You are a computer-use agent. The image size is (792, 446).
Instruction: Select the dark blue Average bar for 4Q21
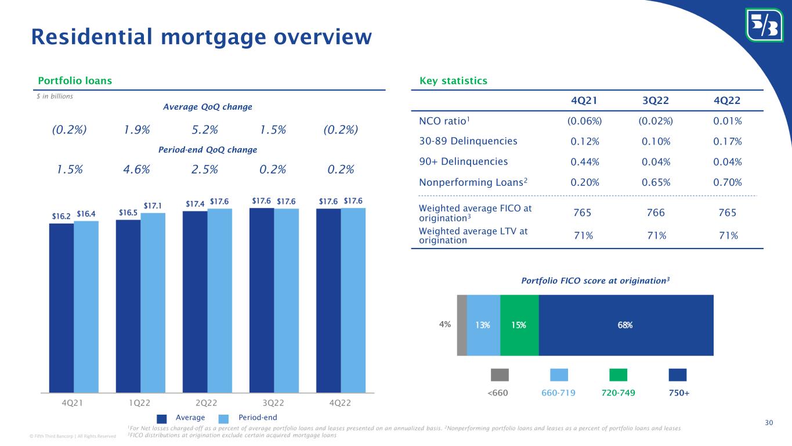pyautogui.click(x=61, y=308)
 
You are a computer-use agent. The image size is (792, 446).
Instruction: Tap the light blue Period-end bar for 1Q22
pyautogui.click(x=153, y=303)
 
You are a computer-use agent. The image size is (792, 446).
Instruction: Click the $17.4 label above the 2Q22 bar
pyautogui.click(x=194, y=204)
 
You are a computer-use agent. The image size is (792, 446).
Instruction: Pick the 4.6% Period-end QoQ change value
pyautogui.click(x=137, y=169)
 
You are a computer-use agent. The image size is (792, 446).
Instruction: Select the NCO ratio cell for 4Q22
pyautogui.click(x=728, y=121)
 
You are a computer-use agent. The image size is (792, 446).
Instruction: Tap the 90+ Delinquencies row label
pyautogui.click(x=463, y=161)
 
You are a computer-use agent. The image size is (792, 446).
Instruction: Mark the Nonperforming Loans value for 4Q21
pyautogui.click(x=585, y=182)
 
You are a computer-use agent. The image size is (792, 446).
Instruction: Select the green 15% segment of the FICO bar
pyautogui.click(x=519, y=325)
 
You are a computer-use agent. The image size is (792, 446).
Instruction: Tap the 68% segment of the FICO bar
pyautogui.click(x=626, y=325)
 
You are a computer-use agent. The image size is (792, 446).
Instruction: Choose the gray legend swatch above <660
pyautogui.click(x=500, y=375)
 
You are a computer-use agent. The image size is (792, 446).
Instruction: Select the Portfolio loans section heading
pyautogui.click(x=75, y=81)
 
